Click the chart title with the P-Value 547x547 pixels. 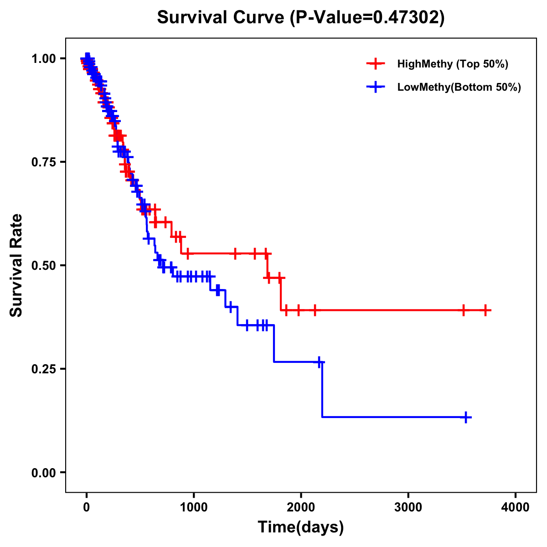click(300, 17)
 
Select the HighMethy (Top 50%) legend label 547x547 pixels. click(452, 64)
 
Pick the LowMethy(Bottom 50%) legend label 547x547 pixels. click(459, 87)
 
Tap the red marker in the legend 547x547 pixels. click(375, 64)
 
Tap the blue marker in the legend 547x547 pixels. click(375, 87)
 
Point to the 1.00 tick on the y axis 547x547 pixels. click(43, 59)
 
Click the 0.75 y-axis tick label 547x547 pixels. click(43, 162)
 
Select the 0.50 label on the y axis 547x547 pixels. click(43, 266)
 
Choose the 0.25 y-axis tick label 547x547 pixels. click(43, 369)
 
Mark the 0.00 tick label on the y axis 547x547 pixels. click(43, 473)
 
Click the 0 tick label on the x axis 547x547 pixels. click(87, 507)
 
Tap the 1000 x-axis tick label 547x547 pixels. click(194, 507)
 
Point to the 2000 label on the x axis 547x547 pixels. click(301, 507)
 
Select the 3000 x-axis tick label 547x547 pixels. click(408, 507)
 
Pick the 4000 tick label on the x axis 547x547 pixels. click(516, 507)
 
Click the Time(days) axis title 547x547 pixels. click(301, 527)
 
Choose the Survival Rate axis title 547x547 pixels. click(16, 265)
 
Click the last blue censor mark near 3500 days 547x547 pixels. click(466, 417)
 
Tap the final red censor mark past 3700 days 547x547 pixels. click(486, 310)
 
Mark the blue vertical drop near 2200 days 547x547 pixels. click(322, 390)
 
